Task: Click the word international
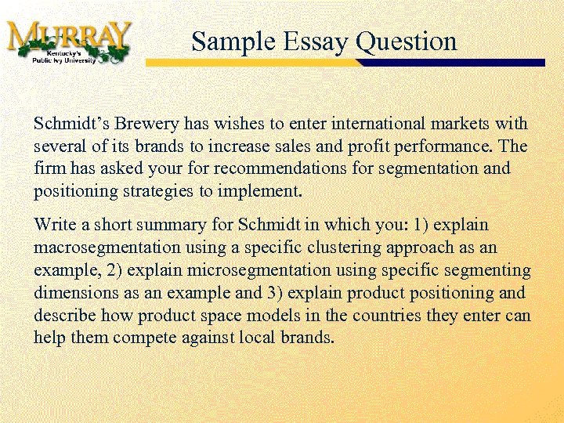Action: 376,124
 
